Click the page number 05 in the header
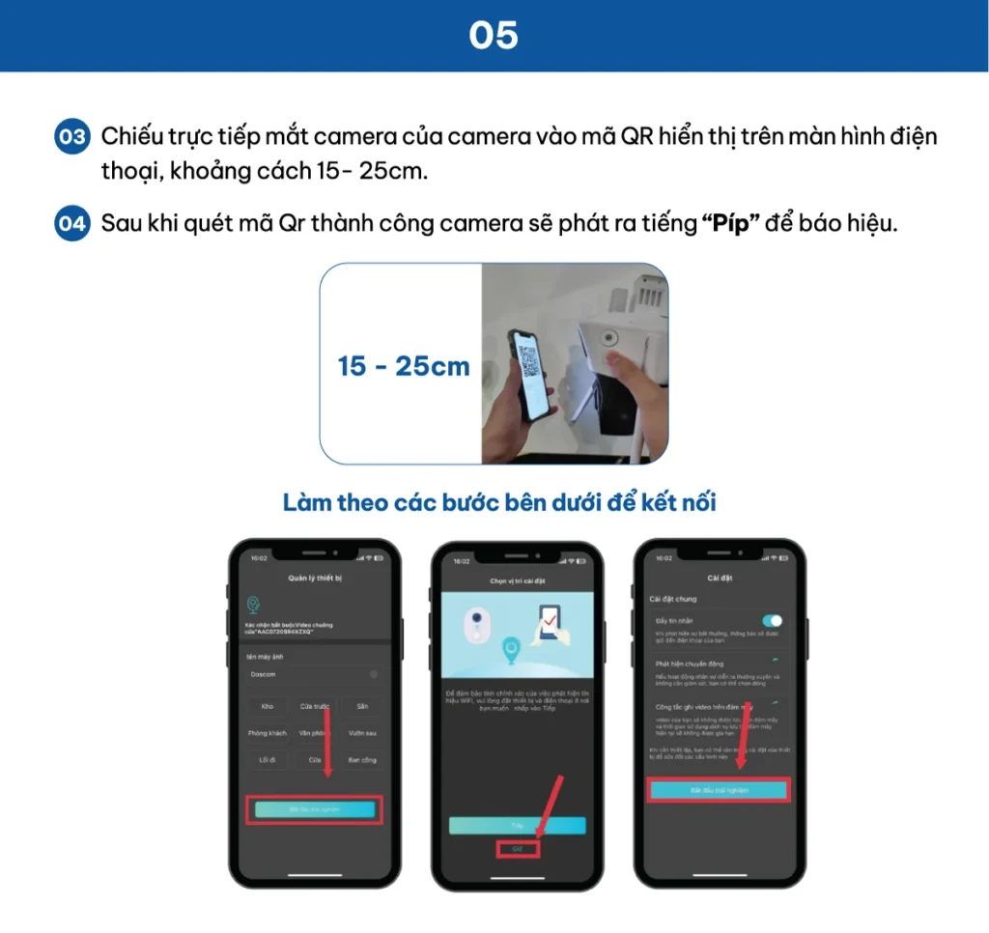[x=494, y=36]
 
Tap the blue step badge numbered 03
[x=71, y=136]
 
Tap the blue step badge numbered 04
[x=71, y=224]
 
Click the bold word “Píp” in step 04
[x=729, y=224]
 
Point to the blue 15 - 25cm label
[x=404, y=366]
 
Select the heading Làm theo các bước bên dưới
[x=499, y=503]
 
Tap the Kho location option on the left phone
[x=268, y=706]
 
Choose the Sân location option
[x=361, y=706]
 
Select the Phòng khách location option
[x=268, y=733]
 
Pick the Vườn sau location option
[x=361, y=733]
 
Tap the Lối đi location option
[x=268, y=760]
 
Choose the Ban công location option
[x=361, y=760]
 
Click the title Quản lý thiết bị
[x=315, y=578]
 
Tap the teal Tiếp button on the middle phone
[x=517, y=826]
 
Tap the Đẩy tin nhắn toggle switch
[x=772, y=620]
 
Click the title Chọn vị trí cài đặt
[x=517, y=580]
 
